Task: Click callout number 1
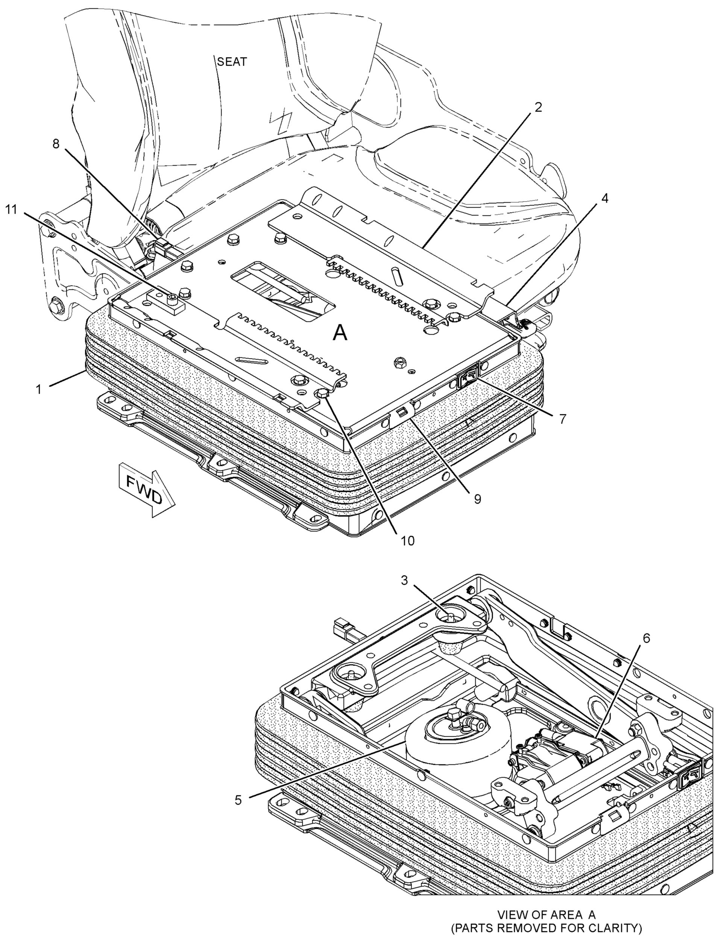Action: (x=39, y=390)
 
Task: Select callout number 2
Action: (x=539, y=107)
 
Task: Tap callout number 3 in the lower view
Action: (x=404, y=581)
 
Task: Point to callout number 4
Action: (x=604, y=198)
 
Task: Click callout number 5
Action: (x=238, y=800)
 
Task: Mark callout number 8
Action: (x=56, y=144)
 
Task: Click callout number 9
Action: (x=477, y=499)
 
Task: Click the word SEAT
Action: (x=232, y=62)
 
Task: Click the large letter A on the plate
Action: (x=340, y=333)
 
